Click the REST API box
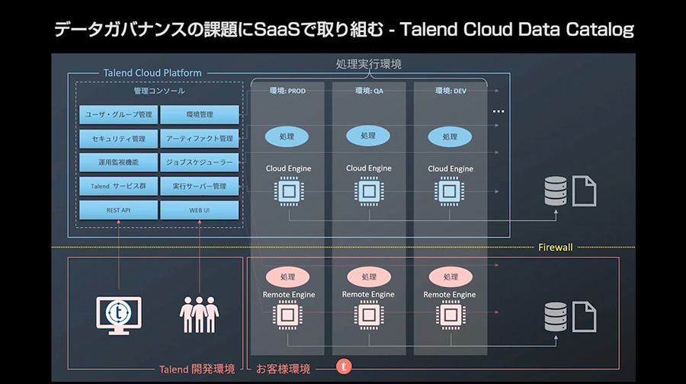118,210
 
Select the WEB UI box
199,210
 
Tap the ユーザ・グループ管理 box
118,114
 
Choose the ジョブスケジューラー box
199,162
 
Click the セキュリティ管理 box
118,139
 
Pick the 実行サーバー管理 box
199,186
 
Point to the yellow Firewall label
555,247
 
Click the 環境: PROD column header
287,91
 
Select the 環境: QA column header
369,91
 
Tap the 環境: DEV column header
450,91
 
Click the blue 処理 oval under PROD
287,137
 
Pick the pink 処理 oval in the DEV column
450,277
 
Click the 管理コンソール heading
159,91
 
